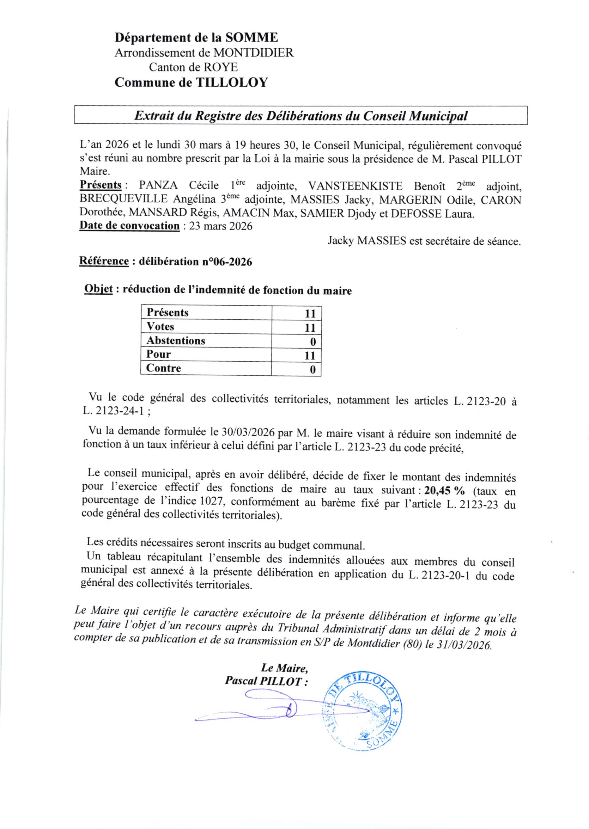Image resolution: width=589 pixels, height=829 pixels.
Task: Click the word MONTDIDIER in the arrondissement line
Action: pyautogui.click(x=253, y=53)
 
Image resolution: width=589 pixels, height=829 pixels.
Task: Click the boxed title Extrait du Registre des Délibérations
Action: pyautogui.click(x=300, y=116)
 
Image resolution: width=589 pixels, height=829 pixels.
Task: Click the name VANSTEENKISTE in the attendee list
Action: pyautogui.click(x=355, y=186)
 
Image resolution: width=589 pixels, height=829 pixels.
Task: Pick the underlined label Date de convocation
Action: pyautogui.click(x=129, y=226)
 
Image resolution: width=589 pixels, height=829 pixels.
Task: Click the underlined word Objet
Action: pyautogui.click(x=98, y=289)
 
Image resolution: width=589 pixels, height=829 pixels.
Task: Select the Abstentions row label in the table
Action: pyautogui.click(x=176, y=341)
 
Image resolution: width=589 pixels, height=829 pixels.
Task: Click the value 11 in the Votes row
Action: pyautogui.click(x=310, y=328)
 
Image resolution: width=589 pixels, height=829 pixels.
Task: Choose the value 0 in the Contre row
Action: pyautogui.click(x=312, y=369)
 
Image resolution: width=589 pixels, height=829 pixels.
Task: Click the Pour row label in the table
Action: pyautogui.click(x=158, y=354)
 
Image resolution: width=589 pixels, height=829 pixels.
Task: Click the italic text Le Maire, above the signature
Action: pyautogui.click(x=284, y=667)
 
